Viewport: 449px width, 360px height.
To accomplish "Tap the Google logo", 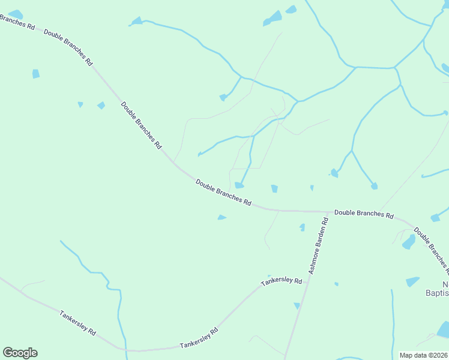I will [x=20, y=353].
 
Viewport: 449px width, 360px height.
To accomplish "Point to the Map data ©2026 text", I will [x=424, y=355].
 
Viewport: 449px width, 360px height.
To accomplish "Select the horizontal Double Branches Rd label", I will [x=364, y=214].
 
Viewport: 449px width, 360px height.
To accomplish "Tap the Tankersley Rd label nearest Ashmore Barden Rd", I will [x=281, y=281].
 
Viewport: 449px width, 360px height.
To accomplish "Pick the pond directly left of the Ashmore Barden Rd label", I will [x=302, y=227].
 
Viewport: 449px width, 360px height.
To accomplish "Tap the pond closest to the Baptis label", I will [x=412, y=281].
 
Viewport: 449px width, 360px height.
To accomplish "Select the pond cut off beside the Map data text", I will [x=444, y=329].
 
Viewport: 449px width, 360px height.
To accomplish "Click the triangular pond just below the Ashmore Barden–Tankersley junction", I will [x=297, y=306].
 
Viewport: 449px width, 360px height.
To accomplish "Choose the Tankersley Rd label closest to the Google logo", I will [x=78, y=323].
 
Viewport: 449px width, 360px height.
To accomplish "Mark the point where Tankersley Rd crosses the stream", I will [x=121, y=348].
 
